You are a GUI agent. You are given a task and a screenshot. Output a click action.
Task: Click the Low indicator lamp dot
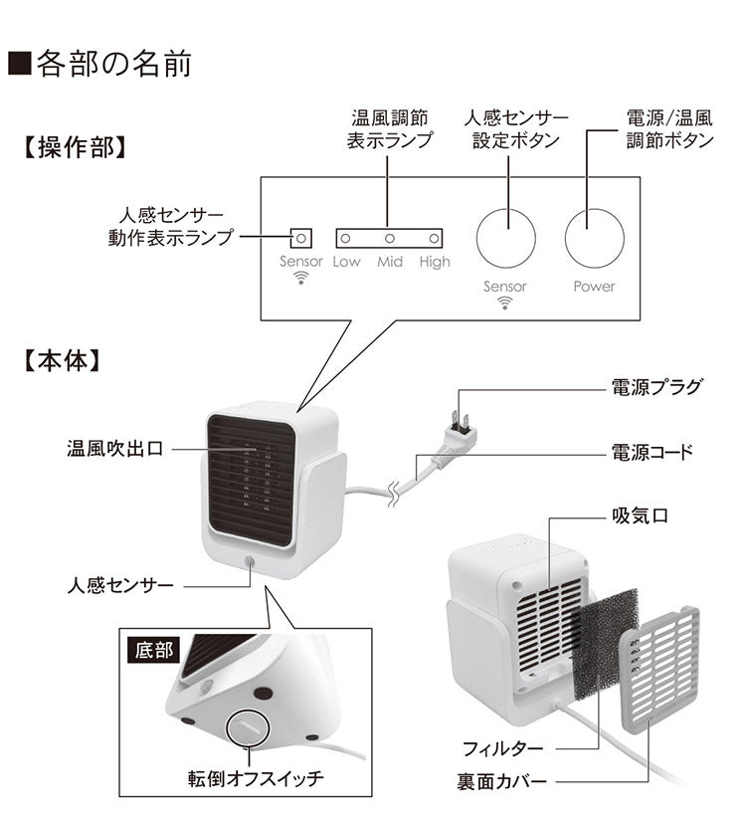click(346, 239)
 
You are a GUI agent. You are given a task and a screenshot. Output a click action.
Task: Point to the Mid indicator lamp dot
click(390, 239)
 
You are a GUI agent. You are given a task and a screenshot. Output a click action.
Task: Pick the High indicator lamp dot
click(434, 239)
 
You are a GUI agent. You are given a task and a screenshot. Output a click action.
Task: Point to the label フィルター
click(502, 747)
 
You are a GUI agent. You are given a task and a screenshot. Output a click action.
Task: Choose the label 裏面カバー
click(502, 782)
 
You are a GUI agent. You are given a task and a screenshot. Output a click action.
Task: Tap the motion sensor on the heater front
click(247, 563)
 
